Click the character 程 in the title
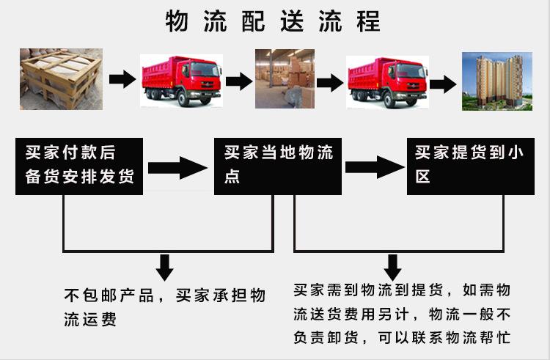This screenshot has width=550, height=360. (x=369, y=21)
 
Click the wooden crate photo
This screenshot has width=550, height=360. (x=61, y=78)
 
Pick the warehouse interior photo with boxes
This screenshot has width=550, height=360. (x=285, y=78)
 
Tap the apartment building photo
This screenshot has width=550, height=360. (x=496, y=80)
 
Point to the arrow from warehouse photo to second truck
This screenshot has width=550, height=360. (x=329, y=81)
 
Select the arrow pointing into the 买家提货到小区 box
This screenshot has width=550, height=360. (x=375, y=166)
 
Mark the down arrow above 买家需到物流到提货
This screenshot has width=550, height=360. (x=393, y=266)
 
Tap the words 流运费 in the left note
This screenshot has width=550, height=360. (x=90, y=320)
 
